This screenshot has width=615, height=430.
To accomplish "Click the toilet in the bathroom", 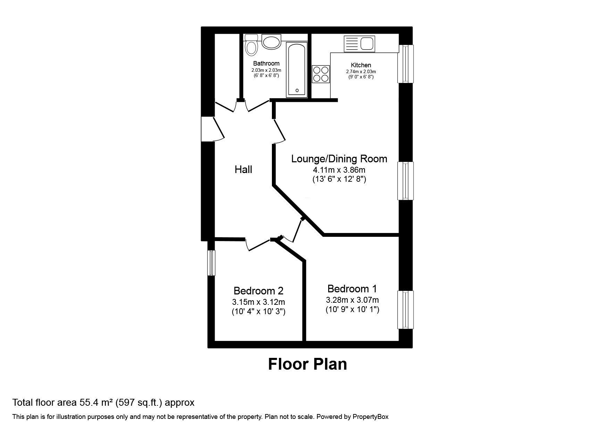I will click(x=251, y=46).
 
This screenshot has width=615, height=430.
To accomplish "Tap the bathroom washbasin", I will click(x=271, y=42).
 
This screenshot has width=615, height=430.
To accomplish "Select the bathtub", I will click(x=296, y=69).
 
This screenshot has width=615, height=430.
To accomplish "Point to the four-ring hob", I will click(x=321, y=74).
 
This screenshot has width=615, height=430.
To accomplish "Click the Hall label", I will click(x=243, y=170).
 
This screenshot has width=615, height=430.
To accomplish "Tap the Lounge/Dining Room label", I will click(x=339, y=159).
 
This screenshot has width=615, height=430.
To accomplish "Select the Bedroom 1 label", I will click(x=352, y=289).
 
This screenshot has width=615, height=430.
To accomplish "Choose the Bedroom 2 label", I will click(x=258, y=291).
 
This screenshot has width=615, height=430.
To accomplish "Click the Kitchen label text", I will click(x=361, y=65).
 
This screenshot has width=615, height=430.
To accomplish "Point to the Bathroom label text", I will click(x=266, y=63).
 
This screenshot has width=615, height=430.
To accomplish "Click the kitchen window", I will click(x=406, y=64).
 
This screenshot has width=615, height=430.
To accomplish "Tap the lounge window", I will click(x=406, y=181).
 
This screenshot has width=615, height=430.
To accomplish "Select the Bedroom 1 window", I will click(x=406, y=310).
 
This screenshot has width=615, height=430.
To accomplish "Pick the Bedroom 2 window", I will click(x=211, y=263).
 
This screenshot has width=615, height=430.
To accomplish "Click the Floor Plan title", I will click(x=307, y=364).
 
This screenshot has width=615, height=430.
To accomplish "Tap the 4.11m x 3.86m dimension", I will click(x=339, y=170).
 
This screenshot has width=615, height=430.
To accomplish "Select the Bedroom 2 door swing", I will click(x=258, y=245).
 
